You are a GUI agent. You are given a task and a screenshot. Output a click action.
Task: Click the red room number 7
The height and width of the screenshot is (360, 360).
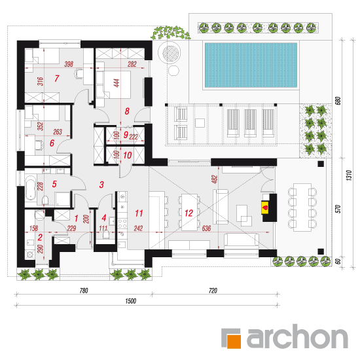[x=57, y=79]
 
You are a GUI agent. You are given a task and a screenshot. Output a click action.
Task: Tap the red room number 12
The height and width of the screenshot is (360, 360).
[x=189, y=213]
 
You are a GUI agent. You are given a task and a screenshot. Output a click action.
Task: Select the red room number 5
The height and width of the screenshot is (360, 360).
[x=54, y=184]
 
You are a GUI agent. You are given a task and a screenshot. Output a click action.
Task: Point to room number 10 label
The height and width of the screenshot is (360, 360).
[x=128, y=155]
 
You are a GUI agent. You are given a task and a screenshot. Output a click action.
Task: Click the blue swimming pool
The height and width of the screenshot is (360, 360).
[x=251, y=65]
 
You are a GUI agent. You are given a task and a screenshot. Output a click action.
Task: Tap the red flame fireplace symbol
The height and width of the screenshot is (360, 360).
[x=265, y=207]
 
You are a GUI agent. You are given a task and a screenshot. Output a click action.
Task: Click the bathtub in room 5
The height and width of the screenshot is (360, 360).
[x=31, y=188]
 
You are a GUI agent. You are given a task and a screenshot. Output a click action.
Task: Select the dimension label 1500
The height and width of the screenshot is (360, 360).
[x=131, y=301]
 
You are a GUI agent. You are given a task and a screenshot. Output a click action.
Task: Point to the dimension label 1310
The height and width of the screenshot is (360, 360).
[x=349, y=175]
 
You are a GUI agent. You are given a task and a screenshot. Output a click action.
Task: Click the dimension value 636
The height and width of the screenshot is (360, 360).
[x=206, y=228]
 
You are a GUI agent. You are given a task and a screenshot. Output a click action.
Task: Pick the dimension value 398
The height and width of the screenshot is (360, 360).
[x=69, y=64]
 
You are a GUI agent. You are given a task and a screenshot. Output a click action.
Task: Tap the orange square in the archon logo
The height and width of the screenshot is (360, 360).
[x=234, y=342]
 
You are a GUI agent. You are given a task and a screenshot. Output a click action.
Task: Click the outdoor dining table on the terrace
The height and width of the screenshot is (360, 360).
[x=302, y=207]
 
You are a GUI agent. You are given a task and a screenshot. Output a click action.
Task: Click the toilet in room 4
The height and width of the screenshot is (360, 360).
[x=106, y=234]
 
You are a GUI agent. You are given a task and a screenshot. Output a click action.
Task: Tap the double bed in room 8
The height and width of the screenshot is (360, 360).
[x=117, y=84]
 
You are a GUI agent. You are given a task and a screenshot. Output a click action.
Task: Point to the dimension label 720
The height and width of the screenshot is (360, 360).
[x=213, y=291]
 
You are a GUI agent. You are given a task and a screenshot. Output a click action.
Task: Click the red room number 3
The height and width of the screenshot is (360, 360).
[x=101, y=185]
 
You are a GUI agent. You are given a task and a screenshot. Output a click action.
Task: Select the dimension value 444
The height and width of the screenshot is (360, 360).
[x=117, y=83]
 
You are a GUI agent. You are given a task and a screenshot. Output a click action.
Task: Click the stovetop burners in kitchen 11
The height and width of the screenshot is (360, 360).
[x=122, y=224]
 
